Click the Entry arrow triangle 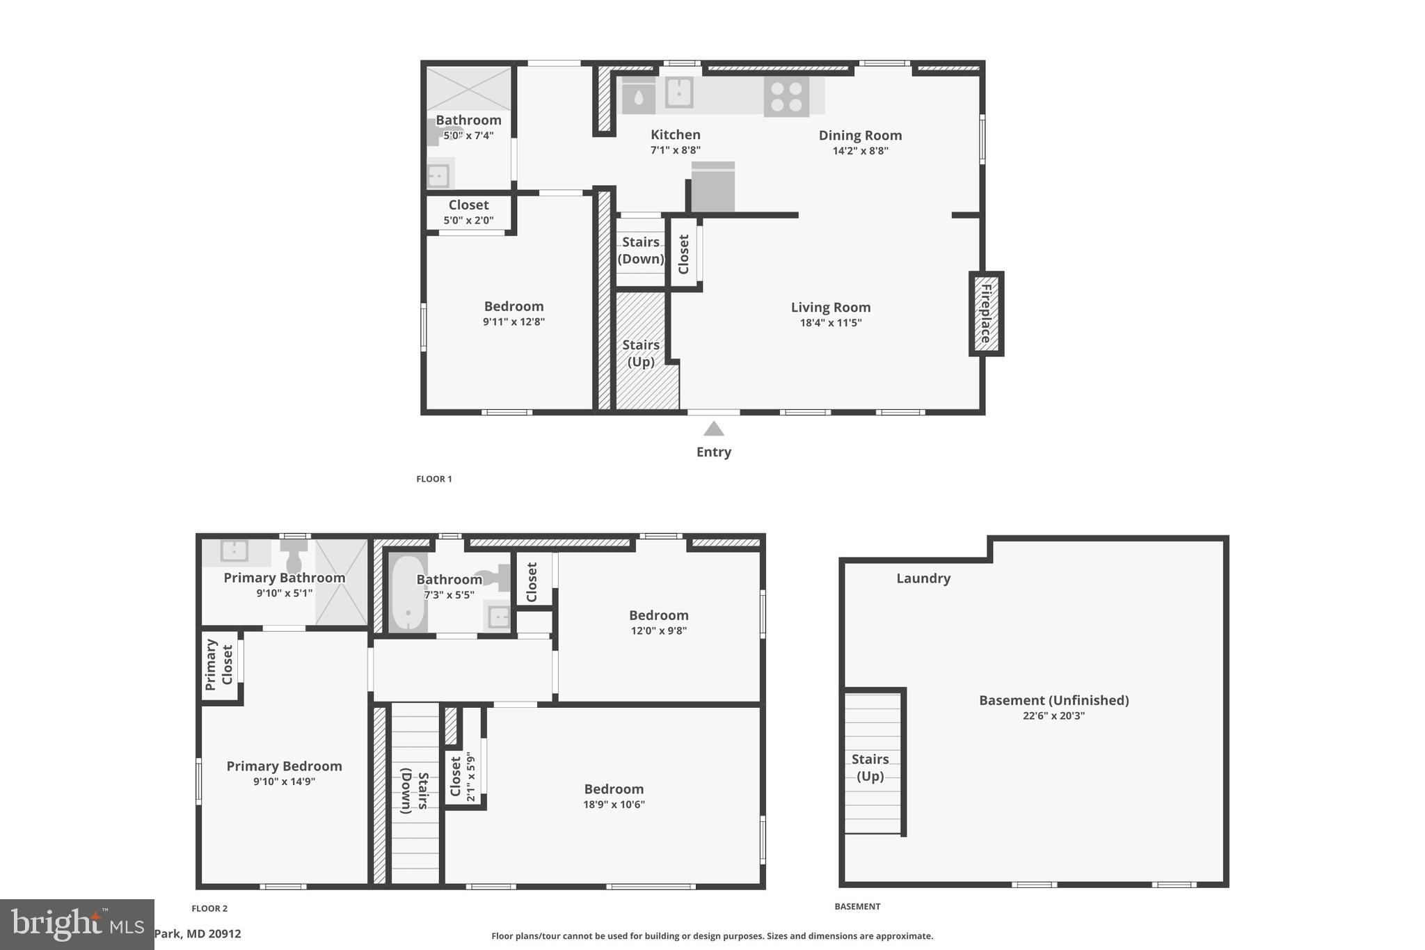(x=713, y=429)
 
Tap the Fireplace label (x=986, y=313)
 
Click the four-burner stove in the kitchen (x=786, y=97)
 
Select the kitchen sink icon (x=678, y=92)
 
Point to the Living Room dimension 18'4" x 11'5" (x=831, y=323)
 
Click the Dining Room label (x=860, y=135)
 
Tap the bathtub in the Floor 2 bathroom (x=407, y=593)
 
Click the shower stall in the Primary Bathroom (x=341, y=582)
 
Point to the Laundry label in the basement (x=923, y=578)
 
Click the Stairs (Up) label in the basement (x=870, y=767)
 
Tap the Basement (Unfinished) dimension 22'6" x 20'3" (x=1053, y=715)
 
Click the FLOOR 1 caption (x=434, y=479)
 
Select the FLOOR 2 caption (x=209, y=908)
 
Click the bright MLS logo (x=77, y=924)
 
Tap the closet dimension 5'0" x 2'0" (x=468, y=221)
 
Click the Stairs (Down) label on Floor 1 (x=641, y=250)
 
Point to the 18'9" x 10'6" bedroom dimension (x=614, y=805)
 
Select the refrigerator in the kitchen (x=712, y=188)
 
